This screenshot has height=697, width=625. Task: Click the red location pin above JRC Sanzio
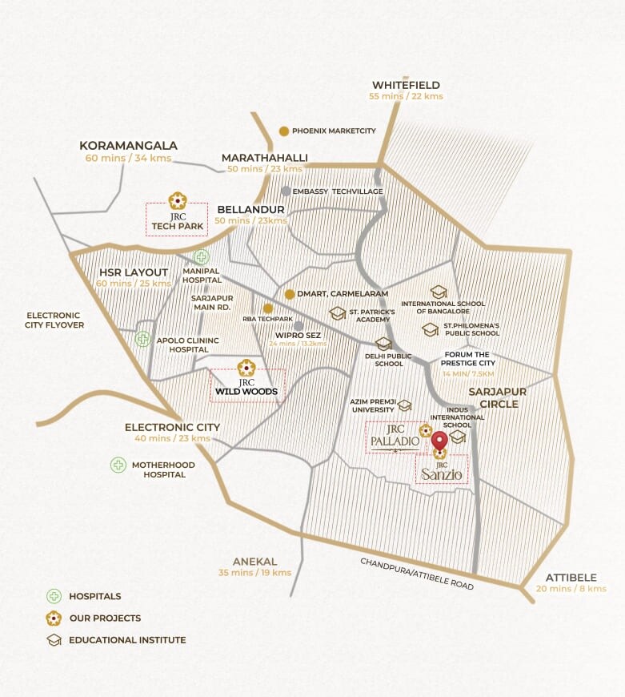pos(439,440)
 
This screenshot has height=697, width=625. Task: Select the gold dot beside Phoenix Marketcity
pos(283,131)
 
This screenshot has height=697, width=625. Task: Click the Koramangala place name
pos(128,146)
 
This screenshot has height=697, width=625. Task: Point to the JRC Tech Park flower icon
pos(177,200)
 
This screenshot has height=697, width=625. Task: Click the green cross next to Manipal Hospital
pos(201,257)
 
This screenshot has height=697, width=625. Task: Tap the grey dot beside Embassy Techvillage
pos(286,191)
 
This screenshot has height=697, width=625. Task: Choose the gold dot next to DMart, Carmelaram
pos(290,294)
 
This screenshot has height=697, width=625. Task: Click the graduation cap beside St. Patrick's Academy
pos(338,313)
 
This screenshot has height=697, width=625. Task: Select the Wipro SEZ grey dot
pos(298,326)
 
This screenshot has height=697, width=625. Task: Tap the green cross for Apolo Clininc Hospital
pos(142,339)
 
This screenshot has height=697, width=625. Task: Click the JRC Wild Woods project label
pos(246,391)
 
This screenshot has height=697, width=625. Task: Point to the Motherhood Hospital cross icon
pos(118,465)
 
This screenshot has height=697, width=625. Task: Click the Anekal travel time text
pos(254,573)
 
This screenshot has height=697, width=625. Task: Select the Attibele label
pos(571,577)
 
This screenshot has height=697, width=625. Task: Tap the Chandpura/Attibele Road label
pos(417,574)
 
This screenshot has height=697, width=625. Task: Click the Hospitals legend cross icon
pos(54,596)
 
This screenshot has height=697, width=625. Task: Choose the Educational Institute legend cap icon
pos(54,640)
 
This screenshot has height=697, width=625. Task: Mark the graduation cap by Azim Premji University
pos(404,406)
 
